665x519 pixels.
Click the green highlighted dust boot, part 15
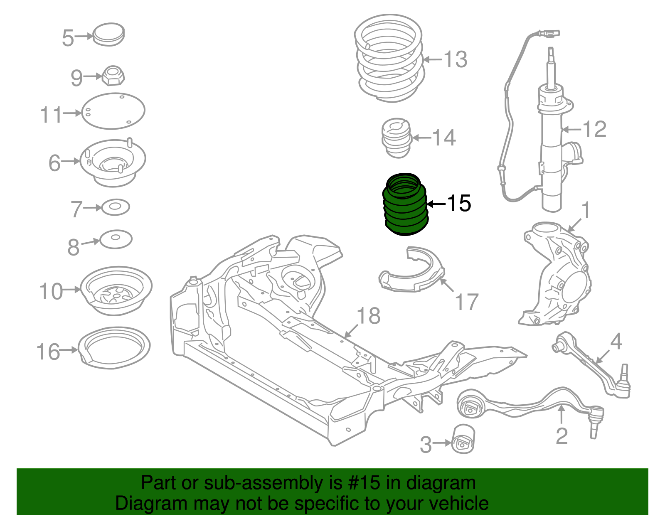tap(404, 206)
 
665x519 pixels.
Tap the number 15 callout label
tap(459, 204)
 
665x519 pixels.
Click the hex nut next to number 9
tap(113, 76)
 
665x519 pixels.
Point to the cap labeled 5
tap(108, 34)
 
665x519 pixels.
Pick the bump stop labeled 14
tap(397, 138)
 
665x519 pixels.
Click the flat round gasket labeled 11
tap(113, 111)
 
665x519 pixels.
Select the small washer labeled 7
tap(116, 207)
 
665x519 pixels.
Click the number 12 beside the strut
tap(594, 129)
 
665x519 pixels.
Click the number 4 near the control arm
tap(616, 342)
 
